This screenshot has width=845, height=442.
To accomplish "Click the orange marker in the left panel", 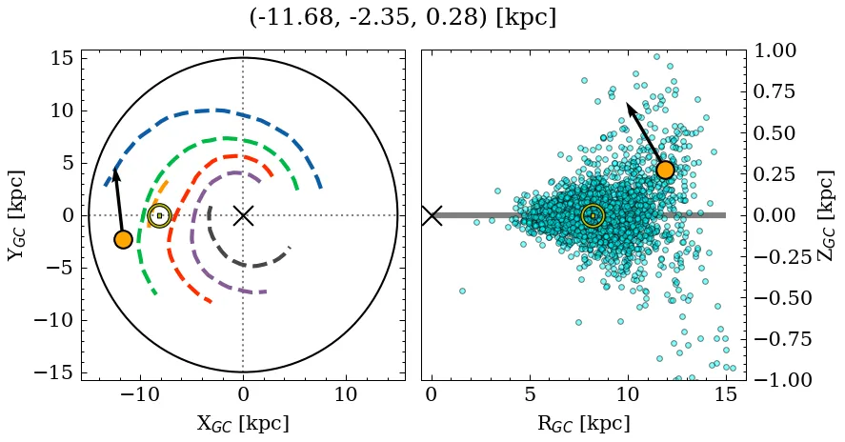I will pos(123,239).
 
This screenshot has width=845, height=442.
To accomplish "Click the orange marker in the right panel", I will pos(665,170).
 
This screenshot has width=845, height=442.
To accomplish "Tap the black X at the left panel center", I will pos(243,215).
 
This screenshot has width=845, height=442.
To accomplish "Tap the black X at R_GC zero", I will pos(432,215).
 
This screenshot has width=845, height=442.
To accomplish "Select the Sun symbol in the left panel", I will pos(159,216).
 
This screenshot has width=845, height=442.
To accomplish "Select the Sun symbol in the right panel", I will pos(593,216).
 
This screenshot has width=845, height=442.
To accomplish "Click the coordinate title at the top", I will pos(402,18).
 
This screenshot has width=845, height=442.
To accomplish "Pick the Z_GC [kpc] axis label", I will pos(826,215).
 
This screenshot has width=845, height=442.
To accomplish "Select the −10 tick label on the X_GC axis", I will pos(141,395).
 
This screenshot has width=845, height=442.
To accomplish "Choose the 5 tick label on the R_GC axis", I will pos(530,395).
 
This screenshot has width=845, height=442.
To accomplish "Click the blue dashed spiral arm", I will pos(219,110).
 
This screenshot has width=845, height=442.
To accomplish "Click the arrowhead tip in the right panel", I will pos(628,103).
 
